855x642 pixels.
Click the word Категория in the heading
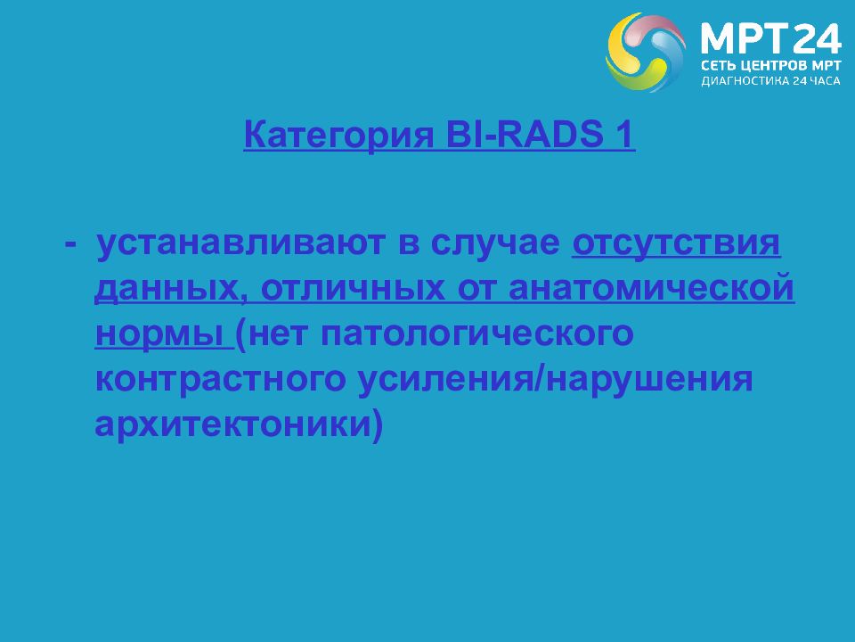(x=338, y=135)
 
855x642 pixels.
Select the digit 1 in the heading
(x=625, y=134)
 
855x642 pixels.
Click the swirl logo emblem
(x=646, y=52)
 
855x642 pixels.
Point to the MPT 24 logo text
(x=771, y=38)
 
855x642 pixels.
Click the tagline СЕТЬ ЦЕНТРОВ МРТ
(x=771, y=66)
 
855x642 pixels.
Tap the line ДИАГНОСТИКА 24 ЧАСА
(x=770, y=81)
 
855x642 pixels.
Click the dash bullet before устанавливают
(x=70, y=243)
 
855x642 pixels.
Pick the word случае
(x=495, y=243)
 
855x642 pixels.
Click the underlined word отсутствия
(x=676, y=244)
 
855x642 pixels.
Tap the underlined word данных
(x=167, y=289)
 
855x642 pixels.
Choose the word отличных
(x=353, y=289)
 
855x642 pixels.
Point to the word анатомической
(x=651, y=289)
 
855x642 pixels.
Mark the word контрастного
(x=221, y=380)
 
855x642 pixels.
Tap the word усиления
(x=445, y=380)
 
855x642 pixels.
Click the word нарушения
(x=649, y=380)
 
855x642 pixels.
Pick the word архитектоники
(x=232, y=425)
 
